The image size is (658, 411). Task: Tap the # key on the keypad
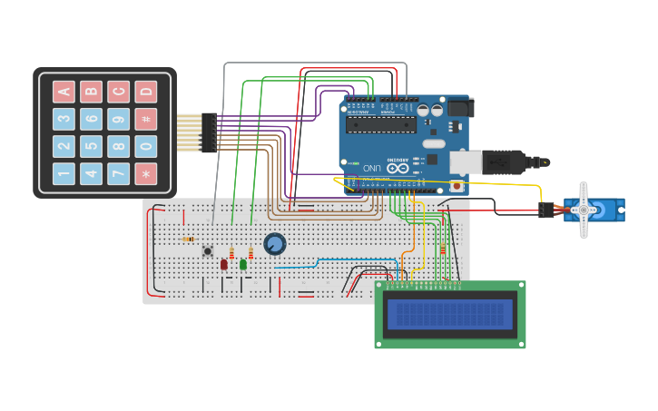(145, 119)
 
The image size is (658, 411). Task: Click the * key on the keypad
(145, 173)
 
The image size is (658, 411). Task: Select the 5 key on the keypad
(91, 146)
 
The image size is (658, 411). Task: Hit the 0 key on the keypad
(145, 146)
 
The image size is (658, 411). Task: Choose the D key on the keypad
(145, 92)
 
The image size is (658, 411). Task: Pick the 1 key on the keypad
(64, 173)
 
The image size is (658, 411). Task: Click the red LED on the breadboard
(223, 264)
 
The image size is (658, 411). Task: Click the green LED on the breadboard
(243, 264)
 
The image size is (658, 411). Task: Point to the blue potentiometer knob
(274, 243)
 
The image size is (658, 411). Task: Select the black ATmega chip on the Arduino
(381, 124)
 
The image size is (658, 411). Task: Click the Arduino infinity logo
(397, 167)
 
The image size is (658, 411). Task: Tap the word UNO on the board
(372, 168)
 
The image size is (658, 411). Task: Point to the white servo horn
(584, 210)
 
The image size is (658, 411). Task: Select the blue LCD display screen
(450, 314)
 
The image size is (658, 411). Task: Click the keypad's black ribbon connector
(209, 132)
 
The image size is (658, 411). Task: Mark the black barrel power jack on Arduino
(459, 108)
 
